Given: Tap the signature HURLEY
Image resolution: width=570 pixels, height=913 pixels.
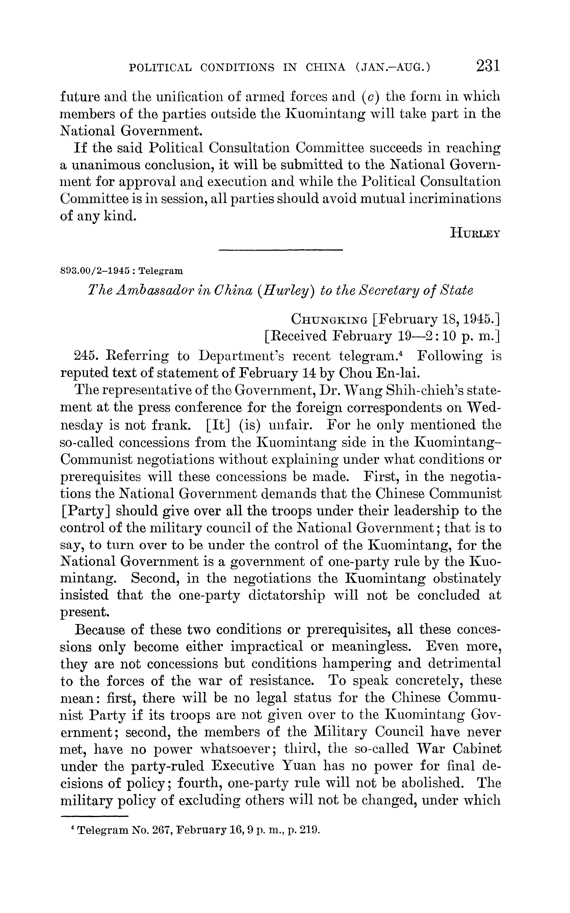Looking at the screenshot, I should pyautogui.click(x=475, y=233).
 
